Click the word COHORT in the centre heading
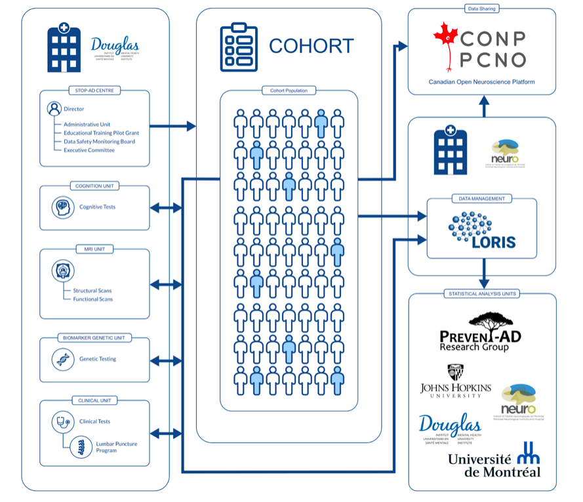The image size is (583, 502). pos(311,47)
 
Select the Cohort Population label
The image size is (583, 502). pos(289,91)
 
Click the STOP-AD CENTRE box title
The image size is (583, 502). pos(94,91)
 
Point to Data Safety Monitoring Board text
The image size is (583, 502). pos(99,142)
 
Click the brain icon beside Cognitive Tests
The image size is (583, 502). pos(63,207)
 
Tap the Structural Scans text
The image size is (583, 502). pos(92,291)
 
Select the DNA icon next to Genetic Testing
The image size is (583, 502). pos(63,359)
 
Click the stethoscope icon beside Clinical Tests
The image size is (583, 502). pos(63,421)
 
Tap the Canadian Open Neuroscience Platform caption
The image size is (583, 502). pos(481,82)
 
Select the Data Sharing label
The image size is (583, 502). pos(481,9)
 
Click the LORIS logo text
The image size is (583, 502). pos(493,241)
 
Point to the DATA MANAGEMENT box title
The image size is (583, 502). pos(481,198)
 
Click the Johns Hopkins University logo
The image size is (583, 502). pos(456,381)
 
